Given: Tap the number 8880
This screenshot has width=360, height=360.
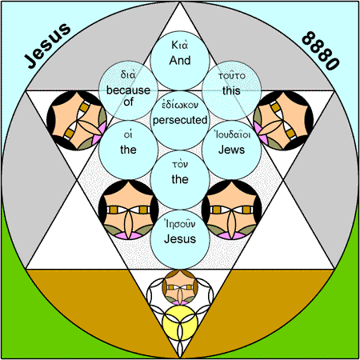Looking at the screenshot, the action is [x=321, y=50].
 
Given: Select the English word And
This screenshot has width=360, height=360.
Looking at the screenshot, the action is [x=180, y=61].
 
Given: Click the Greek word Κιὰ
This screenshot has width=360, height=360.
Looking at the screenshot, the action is [x=180, y=45].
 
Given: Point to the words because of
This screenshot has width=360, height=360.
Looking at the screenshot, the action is [x=128, y=96].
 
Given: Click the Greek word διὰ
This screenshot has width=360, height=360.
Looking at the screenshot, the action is [x=128, y=74].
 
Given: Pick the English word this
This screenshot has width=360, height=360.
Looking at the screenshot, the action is [x=231, y=90].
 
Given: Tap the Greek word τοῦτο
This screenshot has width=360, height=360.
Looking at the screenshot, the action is [x=231, y=76].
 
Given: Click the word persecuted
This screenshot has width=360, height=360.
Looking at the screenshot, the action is [x=180, y=121].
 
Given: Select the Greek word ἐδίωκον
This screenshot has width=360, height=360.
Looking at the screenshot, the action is [x=180, y=105].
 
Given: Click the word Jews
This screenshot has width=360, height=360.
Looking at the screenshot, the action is [x=231, y=150].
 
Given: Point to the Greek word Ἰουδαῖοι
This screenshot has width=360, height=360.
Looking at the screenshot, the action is [x=231, y=134].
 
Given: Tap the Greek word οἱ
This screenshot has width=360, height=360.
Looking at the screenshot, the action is [x=128, y=134].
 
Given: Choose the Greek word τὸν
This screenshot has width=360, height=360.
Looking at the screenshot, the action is [x=180, y=164].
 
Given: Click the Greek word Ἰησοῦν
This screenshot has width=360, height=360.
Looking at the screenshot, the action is [x=180, y=223].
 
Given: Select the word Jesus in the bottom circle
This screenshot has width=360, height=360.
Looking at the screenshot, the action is [x=180, y=238].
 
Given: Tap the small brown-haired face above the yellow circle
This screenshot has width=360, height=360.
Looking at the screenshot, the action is [x=180, y=287].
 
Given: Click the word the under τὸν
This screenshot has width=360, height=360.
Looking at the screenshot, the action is [x=180, y=179].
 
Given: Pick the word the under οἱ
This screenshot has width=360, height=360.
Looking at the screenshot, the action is [x=128, y=150].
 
